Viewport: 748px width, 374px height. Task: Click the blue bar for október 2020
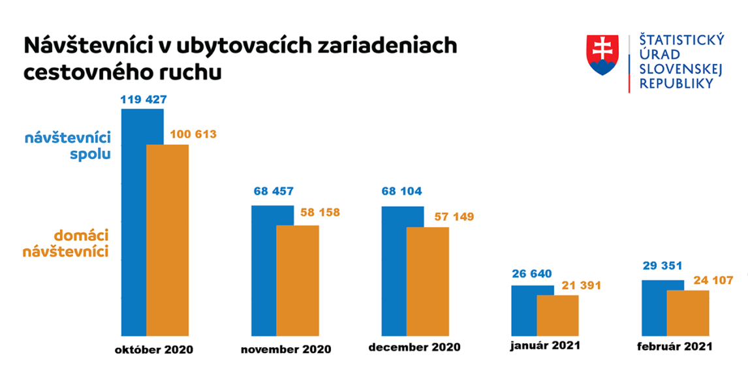[x=134, y=222]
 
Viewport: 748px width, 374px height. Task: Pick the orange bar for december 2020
[x=428, y=281]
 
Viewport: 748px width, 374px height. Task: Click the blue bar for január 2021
[x=524, y=310]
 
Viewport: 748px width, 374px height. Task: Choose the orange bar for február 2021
[x=688, y=313]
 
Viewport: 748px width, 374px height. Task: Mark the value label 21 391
[x=582, y=285]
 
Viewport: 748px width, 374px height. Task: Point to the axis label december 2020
[x=414, y=347]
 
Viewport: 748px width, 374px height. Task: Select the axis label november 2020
[x=286, y=349]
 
